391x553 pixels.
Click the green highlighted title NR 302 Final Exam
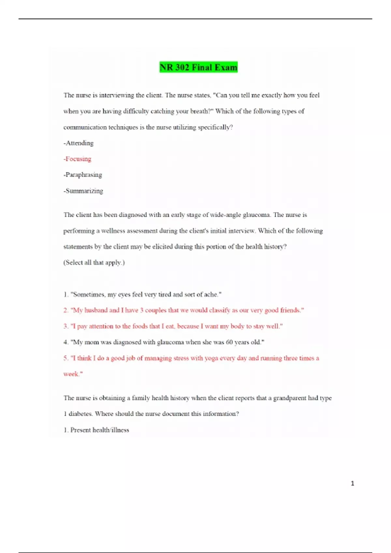(198, 67)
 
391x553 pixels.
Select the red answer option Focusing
(78, 159)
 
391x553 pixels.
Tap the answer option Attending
(79, 143)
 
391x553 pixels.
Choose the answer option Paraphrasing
(83, 175)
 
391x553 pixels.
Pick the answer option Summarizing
(84, 191)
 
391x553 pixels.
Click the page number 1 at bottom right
(352, 483)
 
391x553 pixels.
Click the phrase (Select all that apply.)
(94, 263)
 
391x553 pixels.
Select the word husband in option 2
(96, 310)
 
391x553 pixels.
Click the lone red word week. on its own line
(73, 374)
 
